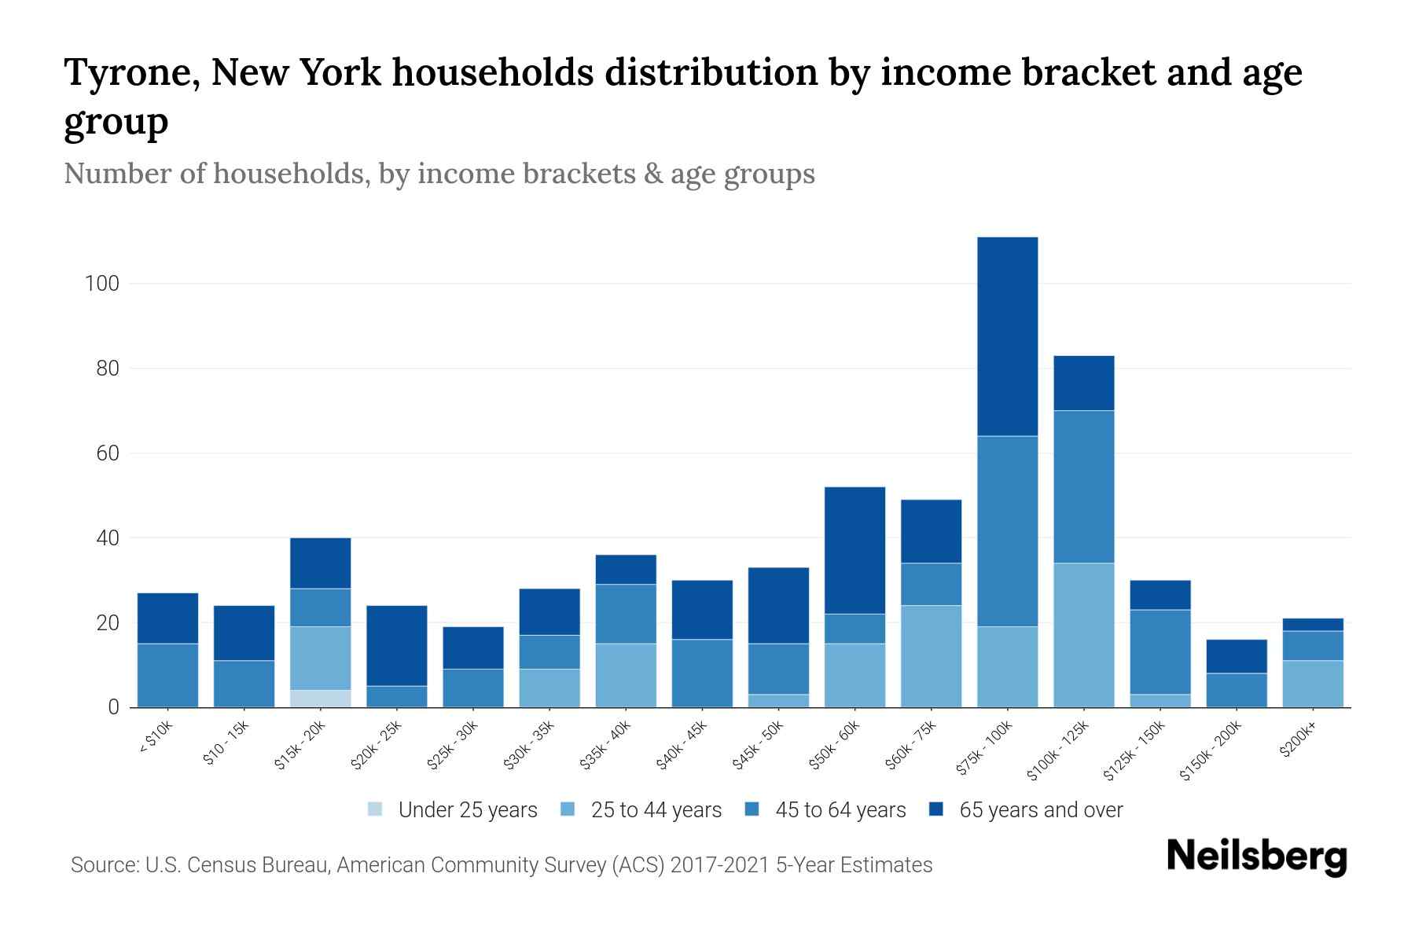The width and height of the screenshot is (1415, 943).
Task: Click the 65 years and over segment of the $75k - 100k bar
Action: coord(1007,336)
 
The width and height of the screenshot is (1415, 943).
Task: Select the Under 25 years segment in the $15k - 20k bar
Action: coord(320,699)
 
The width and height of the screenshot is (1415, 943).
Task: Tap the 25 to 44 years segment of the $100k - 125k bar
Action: coord(1083,635)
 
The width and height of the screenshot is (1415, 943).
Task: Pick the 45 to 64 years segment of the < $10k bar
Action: coord(167,675)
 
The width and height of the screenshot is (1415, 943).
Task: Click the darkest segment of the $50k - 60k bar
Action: coord(855,550)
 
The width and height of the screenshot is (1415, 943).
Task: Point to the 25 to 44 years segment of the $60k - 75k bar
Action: coord(931,656)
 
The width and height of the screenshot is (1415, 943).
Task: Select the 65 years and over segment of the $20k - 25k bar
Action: coord(396,645)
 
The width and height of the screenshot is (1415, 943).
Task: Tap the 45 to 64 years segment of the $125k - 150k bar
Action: coord(1160,651)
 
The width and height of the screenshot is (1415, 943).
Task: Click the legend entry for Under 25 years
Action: coord(453,810)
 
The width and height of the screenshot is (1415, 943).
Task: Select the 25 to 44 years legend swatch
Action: coord(568,809)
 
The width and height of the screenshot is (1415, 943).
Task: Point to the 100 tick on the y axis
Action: coord(101,284)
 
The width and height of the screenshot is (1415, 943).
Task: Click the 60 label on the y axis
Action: coord(107,453)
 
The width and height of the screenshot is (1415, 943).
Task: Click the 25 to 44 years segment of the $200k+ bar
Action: coord(1312,684)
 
